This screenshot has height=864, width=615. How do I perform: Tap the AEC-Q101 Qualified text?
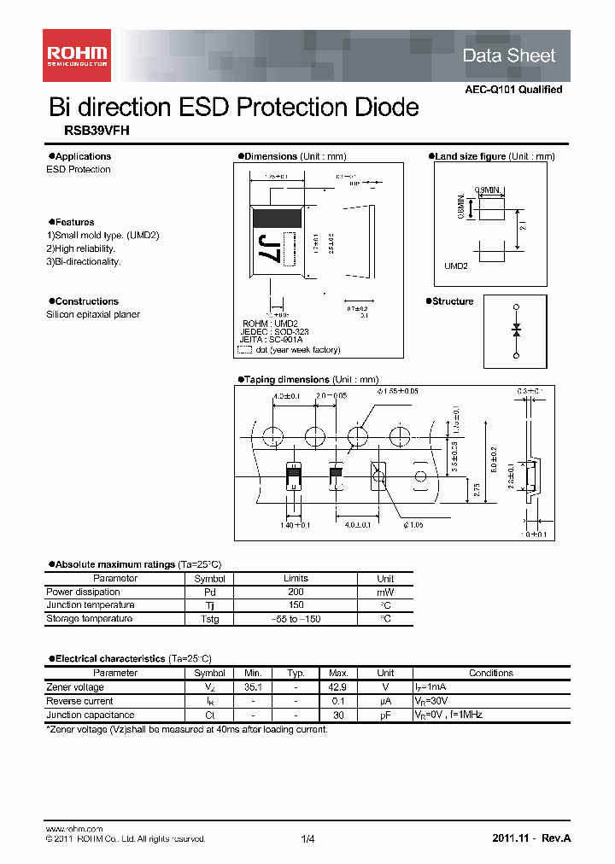pos(513,90)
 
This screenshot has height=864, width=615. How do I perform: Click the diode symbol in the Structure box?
pos(515,330)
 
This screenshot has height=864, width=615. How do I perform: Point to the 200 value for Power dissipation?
pos(296,592)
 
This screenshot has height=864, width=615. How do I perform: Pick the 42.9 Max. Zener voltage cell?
pos(338,687)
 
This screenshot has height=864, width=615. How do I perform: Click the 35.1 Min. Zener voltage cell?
pos(252,687)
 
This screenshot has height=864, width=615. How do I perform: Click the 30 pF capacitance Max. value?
pos(338,715)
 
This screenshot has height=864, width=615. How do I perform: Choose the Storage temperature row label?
pos(89,618)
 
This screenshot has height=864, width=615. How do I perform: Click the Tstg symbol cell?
pos(209,619)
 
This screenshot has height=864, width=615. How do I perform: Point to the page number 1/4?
pos(307,839)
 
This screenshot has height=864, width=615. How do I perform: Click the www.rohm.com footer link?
pos(73,829)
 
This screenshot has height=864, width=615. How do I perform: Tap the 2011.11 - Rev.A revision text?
pos(531,838)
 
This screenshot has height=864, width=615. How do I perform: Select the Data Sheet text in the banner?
pos(508,55)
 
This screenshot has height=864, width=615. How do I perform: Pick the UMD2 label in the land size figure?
pos(456,266)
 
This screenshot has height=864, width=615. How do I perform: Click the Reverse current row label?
pos(78,701)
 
